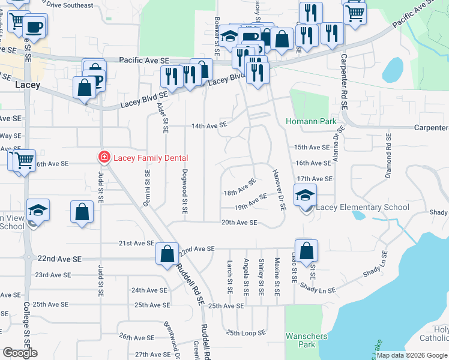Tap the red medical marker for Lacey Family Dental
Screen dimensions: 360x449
click(x=104, y=158)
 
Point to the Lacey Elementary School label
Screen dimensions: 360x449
click(x=363, y=208)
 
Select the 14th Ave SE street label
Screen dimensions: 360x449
click(x=209, y=125)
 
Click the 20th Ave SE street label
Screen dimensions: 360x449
click(x=239, y=223)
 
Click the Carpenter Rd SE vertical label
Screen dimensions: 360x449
click(x=345, y=81)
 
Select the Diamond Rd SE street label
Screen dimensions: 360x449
click(x=388, y=158)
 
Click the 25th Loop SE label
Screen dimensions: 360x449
click(x=246, y=333)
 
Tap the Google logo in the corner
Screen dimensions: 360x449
click(x=20, y=353)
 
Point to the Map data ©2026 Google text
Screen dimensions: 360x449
click(x=412, y=355)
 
